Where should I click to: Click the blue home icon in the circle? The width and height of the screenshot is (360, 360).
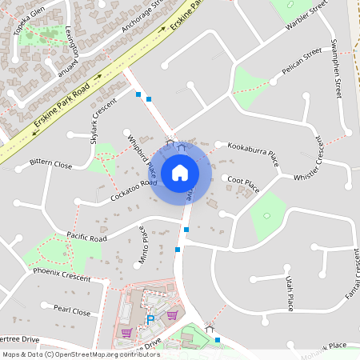coord(180,173)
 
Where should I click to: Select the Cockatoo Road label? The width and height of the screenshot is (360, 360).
coord(134,190)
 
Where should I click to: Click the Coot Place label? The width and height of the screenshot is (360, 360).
coord(242,184)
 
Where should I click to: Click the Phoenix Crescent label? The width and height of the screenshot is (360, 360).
coord(62,274)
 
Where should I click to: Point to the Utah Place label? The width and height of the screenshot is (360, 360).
coord(290,293)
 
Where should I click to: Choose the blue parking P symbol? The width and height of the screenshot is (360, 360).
coord(150,320)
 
